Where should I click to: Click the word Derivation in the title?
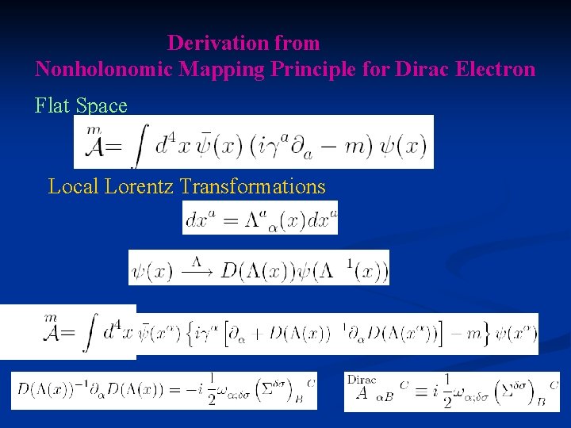(211, 43)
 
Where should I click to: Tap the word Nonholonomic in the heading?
(104, 70)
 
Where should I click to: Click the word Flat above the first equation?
(52, 105)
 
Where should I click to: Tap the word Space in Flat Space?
(102, 105)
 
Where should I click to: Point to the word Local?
(71, 187)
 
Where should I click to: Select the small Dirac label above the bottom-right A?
(362, 380)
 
